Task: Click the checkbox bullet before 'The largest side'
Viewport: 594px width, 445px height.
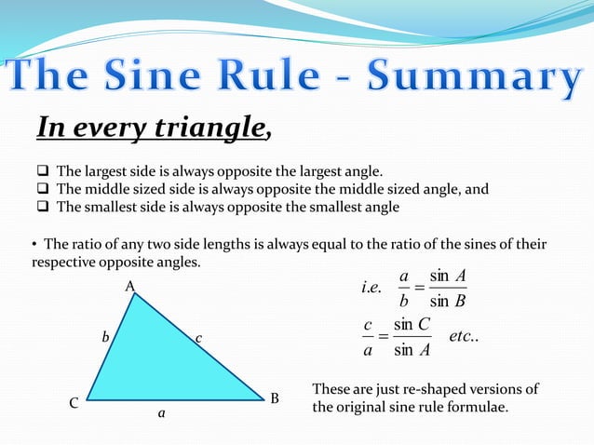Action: click(x=43, y=172)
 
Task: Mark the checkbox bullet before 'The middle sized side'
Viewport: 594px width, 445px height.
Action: click(x=43, y=190)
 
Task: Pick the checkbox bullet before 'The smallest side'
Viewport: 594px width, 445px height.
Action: click(x=43, y=208)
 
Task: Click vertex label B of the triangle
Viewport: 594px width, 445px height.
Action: click(x=275, y=399)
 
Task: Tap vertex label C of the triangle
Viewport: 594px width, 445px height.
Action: click(x=74, y=405)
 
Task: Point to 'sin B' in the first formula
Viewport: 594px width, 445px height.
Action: click(x=448, y=300)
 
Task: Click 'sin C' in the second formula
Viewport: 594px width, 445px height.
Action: click(x=412, y=324)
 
